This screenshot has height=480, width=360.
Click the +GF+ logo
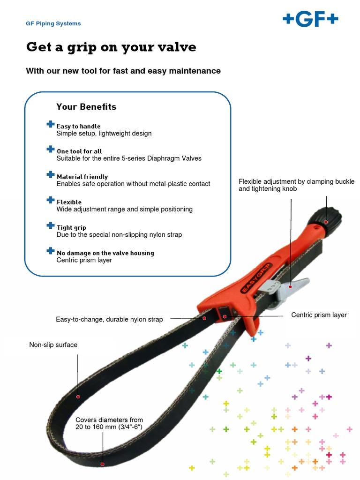coord(310,20)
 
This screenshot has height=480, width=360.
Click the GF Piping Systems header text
coord(53,23)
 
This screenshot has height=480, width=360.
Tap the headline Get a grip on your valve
coord(111,47)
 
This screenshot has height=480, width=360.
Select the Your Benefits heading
coord(86,107)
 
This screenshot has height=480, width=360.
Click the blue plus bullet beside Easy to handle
coord(51,124)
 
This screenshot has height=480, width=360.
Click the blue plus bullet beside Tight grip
coord(51,225)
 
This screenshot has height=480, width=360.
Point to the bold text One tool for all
coord(79,151)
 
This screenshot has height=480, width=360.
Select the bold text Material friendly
coord(82,177)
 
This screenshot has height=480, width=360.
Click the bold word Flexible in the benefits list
coord(69,202)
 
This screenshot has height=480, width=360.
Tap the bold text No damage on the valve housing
coord(105,253)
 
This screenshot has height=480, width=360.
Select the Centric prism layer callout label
coord(319,315)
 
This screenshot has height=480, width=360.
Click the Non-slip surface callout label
coord(53,345)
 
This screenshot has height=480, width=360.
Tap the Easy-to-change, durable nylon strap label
coord(109,319)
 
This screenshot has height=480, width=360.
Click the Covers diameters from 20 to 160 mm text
coord(109,423)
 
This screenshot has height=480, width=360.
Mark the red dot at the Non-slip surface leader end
coord(78,397)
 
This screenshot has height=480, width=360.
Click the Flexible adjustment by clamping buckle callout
coord(296,185)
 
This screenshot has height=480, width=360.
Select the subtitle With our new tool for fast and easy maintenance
coord(123,71)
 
